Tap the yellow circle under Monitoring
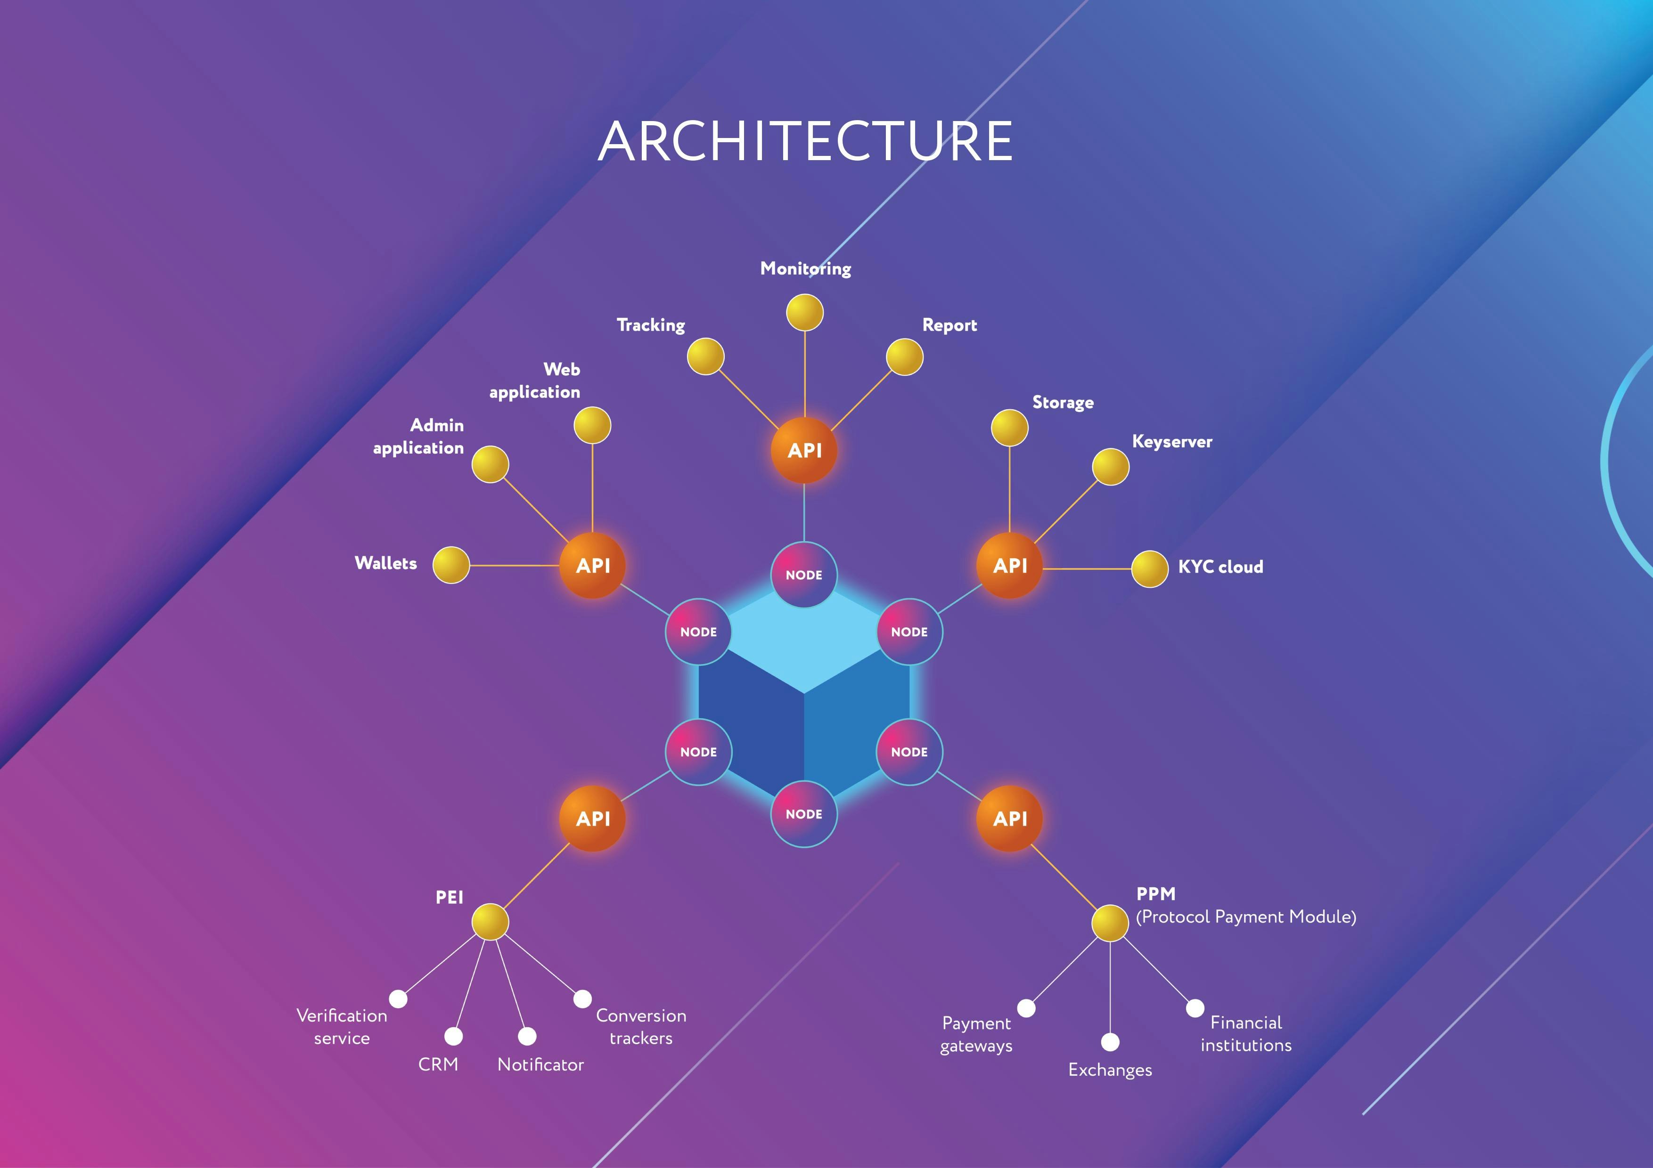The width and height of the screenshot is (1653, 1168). point(804,312)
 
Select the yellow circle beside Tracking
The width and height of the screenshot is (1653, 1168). point(705,356)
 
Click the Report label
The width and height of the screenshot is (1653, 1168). point(949,325)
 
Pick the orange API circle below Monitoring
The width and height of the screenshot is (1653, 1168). point(804,451)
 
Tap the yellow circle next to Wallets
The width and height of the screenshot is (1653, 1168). point(450,565)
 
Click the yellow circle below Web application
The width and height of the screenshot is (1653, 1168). point(592,425)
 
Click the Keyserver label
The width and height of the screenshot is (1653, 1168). point(1171,442)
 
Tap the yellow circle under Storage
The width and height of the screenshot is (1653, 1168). point(1009,428)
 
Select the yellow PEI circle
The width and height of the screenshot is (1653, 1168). point(490,922)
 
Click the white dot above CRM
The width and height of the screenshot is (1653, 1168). point(454,1036)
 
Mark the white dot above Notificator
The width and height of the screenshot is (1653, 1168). point(527,1036)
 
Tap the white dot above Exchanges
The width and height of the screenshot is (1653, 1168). point(1110,1042)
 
